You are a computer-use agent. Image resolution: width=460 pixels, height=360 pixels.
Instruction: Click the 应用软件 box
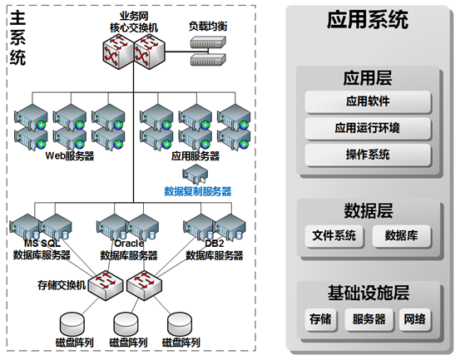pyautogui.click(x=368, y=101)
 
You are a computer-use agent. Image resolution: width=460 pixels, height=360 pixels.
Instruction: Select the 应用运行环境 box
pyautogui.click(x=368, y=128)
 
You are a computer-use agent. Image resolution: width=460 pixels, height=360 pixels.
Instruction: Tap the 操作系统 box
pyautogui.click(x=368, y=155)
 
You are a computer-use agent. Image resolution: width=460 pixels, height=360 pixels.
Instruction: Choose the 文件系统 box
pyautogui.click(x=334, y=235)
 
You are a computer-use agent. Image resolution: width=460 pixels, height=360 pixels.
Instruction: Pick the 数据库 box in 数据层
pyautogui.click(x=401, y=235)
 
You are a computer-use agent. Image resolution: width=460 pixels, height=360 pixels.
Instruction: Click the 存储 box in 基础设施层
pyautogui.click(x=320, y=319)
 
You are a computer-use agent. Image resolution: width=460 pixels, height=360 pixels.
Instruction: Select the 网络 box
pyautogui.click(x=414, y=319)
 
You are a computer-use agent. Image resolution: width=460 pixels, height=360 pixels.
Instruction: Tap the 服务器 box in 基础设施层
pyautogui.click(x=368, y=319)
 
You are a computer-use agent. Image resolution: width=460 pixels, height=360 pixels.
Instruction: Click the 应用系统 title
pyautogui.click(x=368, y=19)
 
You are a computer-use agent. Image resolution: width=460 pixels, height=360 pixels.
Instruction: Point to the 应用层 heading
pyautogui.click(x=368, y=78)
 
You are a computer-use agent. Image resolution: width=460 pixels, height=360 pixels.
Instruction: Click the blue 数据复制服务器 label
pyautogui.click(x=198, y=191)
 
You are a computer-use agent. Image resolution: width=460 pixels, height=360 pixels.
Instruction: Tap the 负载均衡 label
pyautogui.click(x=208, y=27)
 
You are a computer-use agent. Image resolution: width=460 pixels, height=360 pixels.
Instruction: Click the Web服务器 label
pyautogui.click(x=70, y=155)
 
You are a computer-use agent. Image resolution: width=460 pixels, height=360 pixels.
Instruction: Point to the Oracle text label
pyautogui.click(x=129, y=244)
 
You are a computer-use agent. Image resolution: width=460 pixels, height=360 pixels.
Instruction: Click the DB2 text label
pyautogui.click(x=215, y=244)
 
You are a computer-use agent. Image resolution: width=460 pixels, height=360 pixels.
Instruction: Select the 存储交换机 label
pyautogui.click(x=62, y=285)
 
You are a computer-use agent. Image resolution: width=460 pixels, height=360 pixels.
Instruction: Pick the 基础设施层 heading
pyautogui.click(x=368, y=293)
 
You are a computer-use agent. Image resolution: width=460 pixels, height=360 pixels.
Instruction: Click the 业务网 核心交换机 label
pyautogui.click(x=134, y=22)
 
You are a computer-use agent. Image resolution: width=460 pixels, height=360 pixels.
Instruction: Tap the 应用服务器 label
pyautogui.click(x=195, y=155)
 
